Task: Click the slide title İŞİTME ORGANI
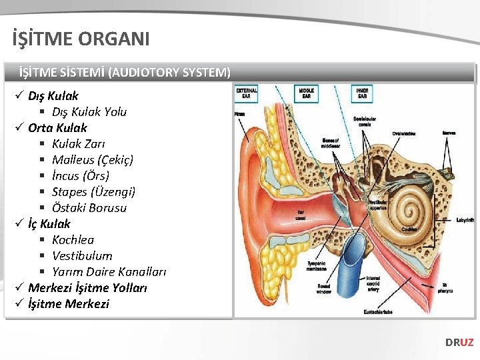(81, 39)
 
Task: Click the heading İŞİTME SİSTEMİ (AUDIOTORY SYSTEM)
(125, 72)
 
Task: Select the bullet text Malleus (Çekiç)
(93, 160)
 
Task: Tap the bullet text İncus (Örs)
(81, 176)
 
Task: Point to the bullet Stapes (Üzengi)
(93, 192)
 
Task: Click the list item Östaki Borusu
(89, 208)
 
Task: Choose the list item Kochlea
(73, 240)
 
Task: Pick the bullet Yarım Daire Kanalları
(109, 272)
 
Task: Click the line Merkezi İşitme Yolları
(87, 288)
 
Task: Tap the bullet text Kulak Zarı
(79, 144)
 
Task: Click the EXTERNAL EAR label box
(247, 93)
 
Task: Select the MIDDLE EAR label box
(306, 93)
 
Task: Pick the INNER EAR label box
(363, 93)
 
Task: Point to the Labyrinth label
(465, 220)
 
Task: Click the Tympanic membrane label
(316, 265)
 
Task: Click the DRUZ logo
(459, 342)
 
